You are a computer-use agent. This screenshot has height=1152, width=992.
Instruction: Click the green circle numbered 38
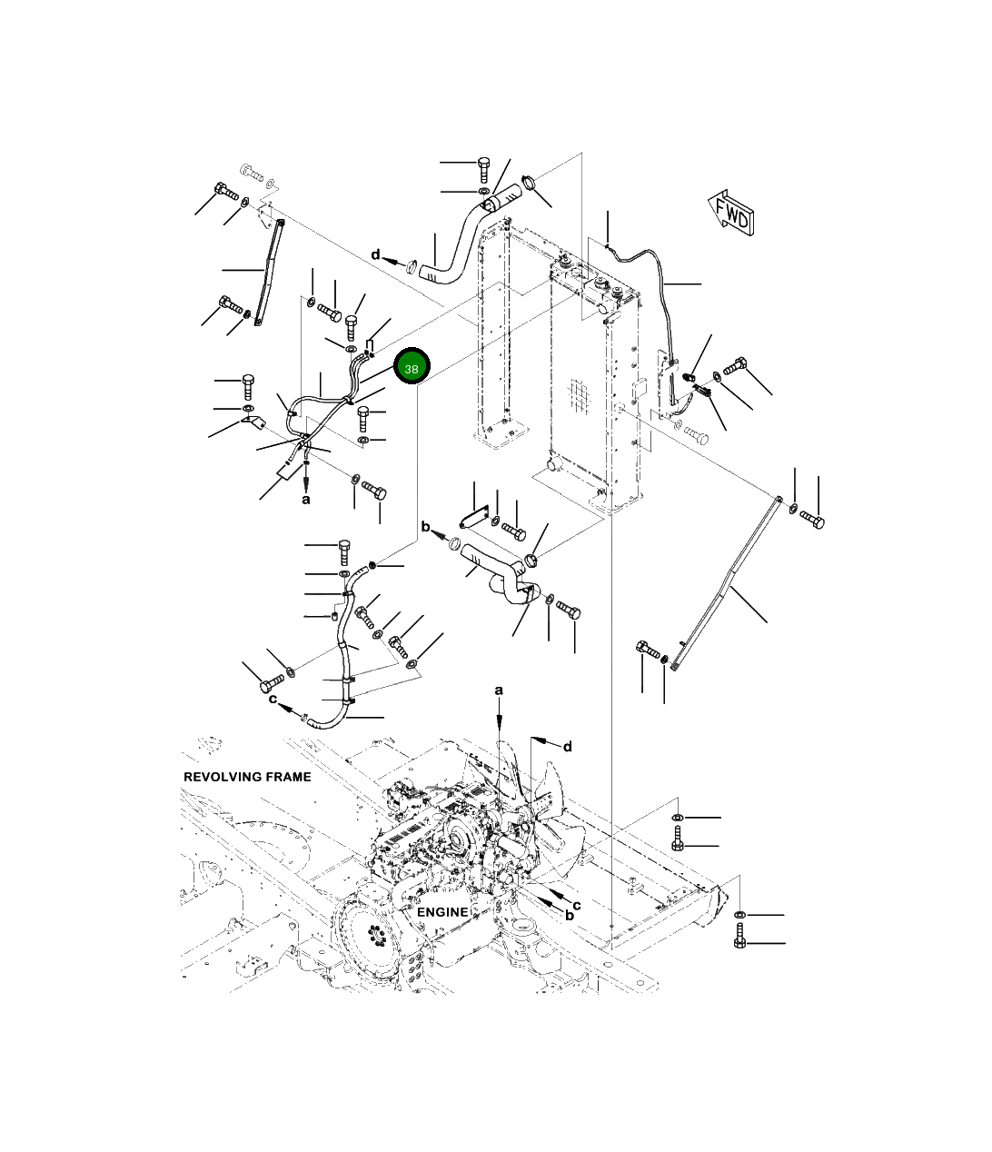(x=412, y=369)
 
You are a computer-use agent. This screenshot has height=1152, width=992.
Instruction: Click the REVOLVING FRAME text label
(x=247, y=777)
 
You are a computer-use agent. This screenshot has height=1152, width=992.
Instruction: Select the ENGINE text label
(x=442, y=911)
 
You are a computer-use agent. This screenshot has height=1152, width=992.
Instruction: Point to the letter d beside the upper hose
(x=375, y=255)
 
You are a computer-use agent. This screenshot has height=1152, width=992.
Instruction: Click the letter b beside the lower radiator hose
(x=424, y=527)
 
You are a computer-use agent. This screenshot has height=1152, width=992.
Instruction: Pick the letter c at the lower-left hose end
(x=273, y=699)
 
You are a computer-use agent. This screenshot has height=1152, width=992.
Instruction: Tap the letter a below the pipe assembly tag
(x=306, y=499)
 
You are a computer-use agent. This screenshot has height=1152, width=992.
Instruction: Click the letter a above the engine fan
(x=499, y=691)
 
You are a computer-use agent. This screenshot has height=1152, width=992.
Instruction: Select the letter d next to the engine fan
(x=568, y=747)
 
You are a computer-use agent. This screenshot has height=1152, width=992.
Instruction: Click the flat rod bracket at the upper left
(x=267, y=273)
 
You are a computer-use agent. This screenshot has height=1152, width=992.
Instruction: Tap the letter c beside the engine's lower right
(x=576, y=905)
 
